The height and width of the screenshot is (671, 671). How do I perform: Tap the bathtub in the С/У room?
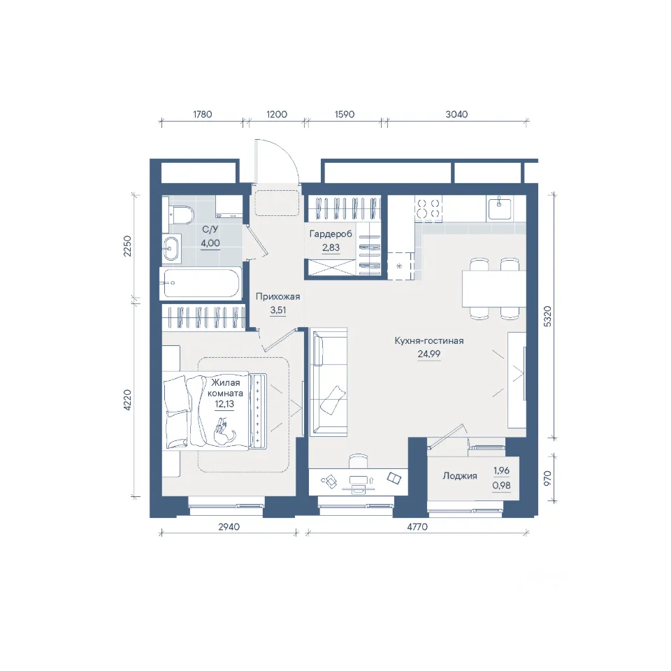pyautogui.click(x=201, y=283)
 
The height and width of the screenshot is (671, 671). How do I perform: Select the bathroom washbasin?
pyautogui.click(x=172, y=249)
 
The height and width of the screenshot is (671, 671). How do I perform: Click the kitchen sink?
pyautogui.click(x=498, y=208)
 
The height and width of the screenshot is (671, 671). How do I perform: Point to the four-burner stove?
pyautogui.click(x=428, y=208)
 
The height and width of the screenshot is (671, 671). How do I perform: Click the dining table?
pyautogui.click(x=494, y=289)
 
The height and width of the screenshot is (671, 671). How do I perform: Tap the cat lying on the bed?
pyautogui.click(x=224, y=433)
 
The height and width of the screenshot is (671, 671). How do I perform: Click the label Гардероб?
pyautogui.click(x=331, y=234)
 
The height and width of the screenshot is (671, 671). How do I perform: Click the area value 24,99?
pyautogui.click(x=428, y=354)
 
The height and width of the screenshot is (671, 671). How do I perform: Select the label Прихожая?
pyautogui.click(x=277, y=296)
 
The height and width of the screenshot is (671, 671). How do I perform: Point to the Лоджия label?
pyautogui.click(x=460, y=476)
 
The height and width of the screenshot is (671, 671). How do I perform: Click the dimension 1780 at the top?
pyautogui.click(x=203, y=114)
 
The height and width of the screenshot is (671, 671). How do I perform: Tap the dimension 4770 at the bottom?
pyautogui.click(x=417, y=527)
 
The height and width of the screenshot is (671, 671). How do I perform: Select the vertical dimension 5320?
pyautogui.click(x=547, y=317)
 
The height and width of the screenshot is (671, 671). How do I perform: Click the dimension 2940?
pyautogui.click(x=229, y=527)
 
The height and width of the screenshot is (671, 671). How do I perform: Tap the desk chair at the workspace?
pyautogui.click(x=358, y=461)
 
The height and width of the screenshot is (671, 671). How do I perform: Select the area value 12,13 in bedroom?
pyautogui.click(x=224, y=404)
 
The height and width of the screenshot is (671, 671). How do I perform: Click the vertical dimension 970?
pyautogui.click(x=547, y=478)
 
